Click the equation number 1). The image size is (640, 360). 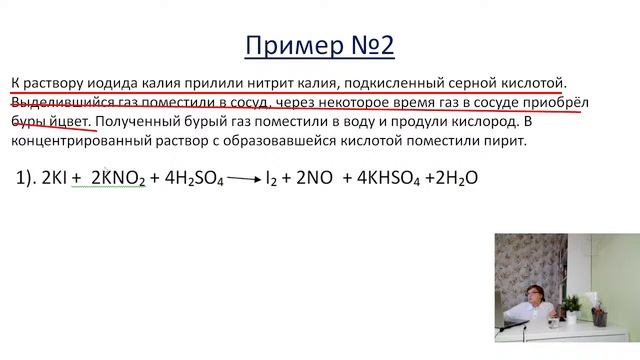coord(24,178)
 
